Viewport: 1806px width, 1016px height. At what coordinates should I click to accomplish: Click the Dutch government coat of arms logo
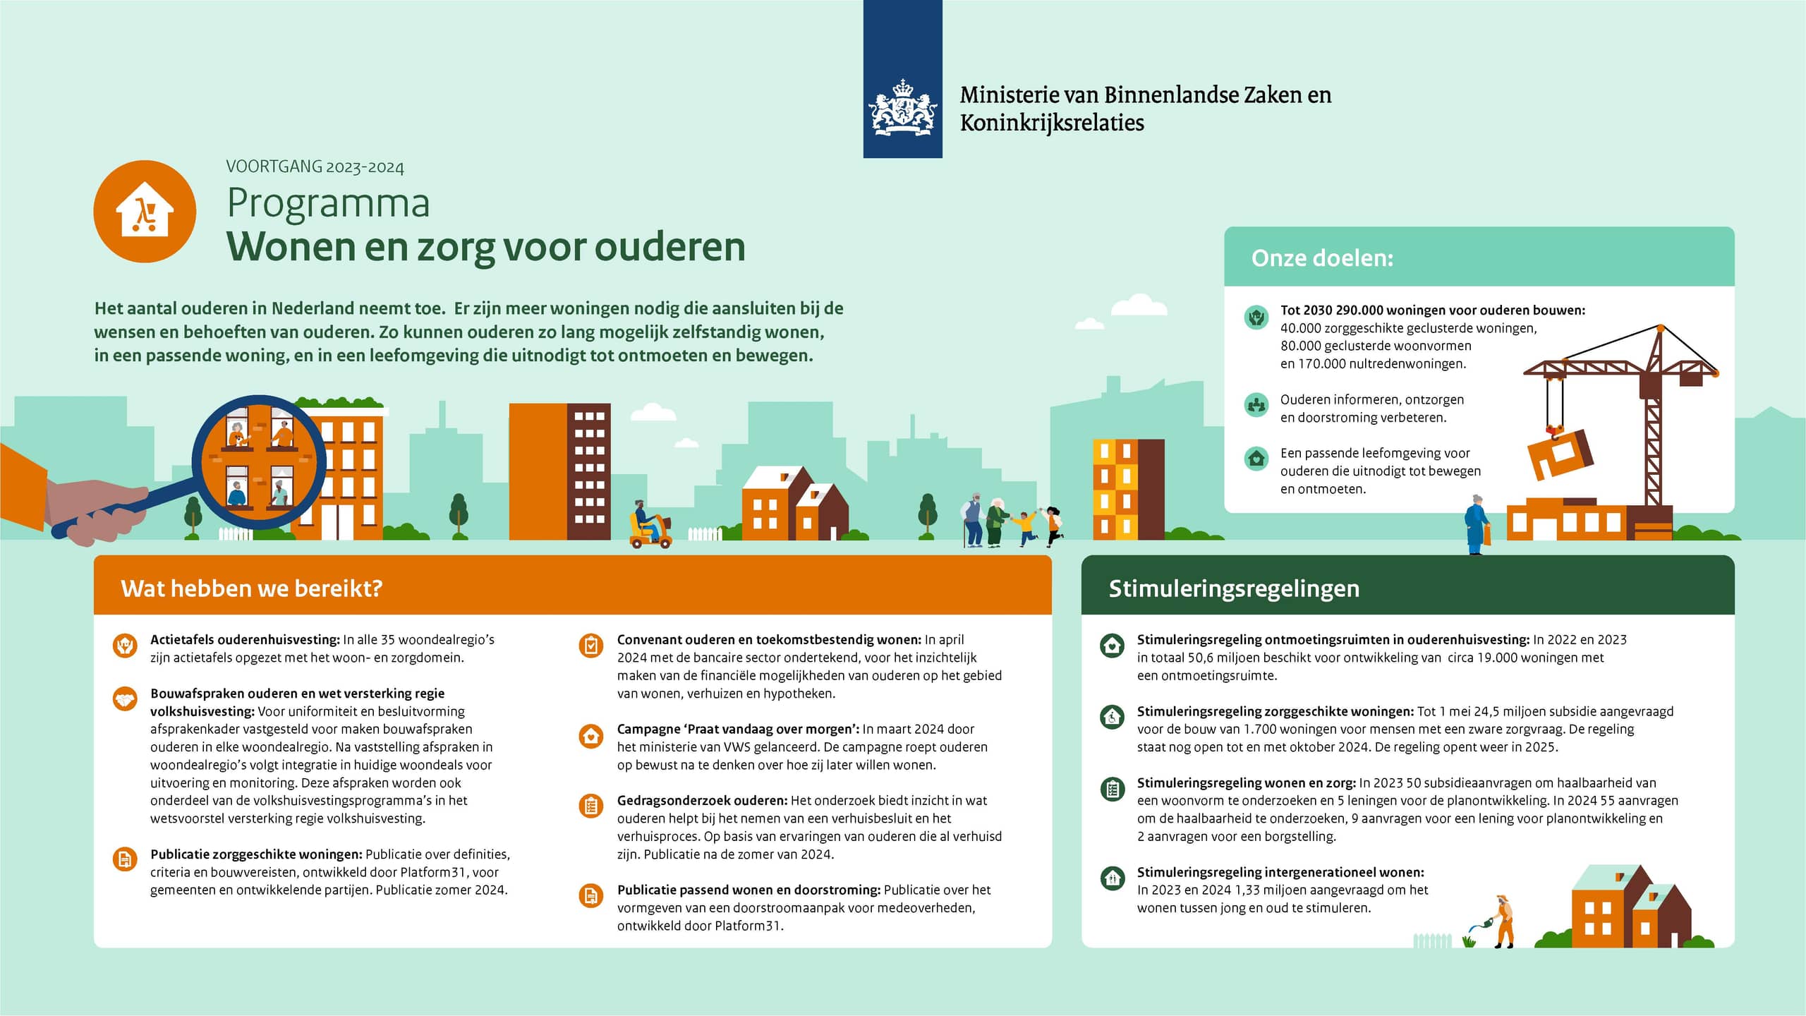tap(902, 107)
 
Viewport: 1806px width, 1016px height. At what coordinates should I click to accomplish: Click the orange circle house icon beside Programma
tap(145, 212)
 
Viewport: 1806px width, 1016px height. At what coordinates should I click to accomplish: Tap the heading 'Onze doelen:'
tap(1322, 258)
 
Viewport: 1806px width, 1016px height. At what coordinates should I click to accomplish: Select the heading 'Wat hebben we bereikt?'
tap(252, 588)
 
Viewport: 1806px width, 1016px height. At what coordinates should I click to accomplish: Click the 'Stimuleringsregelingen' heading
tap(1233, 588)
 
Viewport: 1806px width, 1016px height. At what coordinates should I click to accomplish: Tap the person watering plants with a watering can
tap(1501, 920)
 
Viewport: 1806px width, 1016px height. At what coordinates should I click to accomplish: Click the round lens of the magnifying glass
tap(258, 462)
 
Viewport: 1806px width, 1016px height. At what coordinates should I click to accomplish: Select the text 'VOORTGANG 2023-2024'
tap(315, 167)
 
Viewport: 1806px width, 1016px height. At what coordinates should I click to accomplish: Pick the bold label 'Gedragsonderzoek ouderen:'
tap(702, 801)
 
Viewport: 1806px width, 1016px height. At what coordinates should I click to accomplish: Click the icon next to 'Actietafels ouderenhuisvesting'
tap(125, 645)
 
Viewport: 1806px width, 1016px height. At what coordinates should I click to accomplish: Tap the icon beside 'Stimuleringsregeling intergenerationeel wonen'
tap(1113, 878)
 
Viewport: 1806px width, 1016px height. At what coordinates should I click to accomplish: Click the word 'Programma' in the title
tap(328, 203)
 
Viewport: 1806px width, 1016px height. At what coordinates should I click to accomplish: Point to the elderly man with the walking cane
tap(973, 521)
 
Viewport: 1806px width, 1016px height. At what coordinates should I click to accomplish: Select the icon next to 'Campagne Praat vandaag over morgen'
tap(591, 736)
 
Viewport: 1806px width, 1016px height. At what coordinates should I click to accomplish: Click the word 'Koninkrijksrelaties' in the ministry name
tap(1051, 123)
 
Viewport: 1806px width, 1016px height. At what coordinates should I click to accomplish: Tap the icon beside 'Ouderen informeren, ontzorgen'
tap(1256, 405)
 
